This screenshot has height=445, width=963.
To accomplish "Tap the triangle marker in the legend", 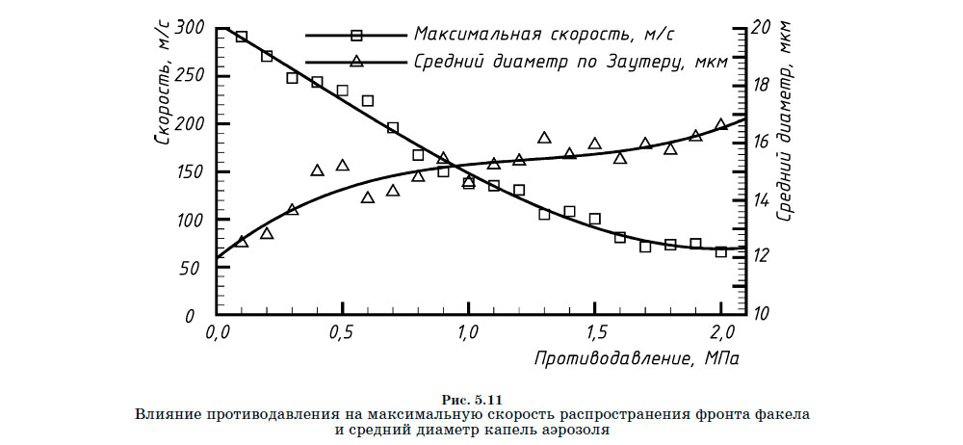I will pos(356,61).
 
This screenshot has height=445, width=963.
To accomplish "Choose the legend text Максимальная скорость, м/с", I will pos(544,34).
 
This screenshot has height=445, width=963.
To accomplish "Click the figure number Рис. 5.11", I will pos(472,400).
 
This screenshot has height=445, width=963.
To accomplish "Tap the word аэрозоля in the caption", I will pos(577,431).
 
